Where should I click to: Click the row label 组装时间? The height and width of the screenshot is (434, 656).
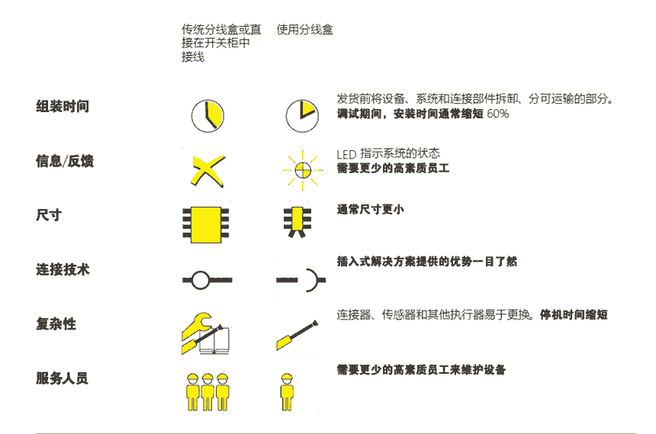click(x=63, y=106)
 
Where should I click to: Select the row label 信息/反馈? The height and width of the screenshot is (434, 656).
click(x=65, y=161)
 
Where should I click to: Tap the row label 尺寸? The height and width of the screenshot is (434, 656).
click(x=49, y=215)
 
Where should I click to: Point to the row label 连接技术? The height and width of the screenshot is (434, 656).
click(x=63, y=269)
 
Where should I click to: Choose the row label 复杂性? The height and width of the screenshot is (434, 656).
click(x=56, y=323)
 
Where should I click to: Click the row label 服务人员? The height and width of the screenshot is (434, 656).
click(x=62, y=378)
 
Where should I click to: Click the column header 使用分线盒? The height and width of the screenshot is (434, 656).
click(x=304, y=30)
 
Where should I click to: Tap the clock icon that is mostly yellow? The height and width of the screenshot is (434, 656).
click(x=207, y=116)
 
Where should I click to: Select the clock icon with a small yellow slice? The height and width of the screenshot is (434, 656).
click(x=302, y=116)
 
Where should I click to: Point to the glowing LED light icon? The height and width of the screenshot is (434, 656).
click(x=303, y=170)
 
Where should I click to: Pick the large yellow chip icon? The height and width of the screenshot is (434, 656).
click(x=206, y=225)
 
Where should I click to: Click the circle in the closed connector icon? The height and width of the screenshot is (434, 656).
click(x=201, y=280)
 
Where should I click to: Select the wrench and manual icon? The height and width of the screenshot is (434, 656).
click(x=205, y=333)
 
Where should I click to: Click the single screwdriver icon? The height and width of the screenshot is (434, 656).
click(x=297, y=336)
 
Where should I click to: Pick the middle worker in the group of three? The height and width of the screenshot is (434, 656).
click(x=207, y=392)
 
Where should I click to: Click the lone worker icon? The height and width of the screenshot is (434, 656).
click(x=287, y=392)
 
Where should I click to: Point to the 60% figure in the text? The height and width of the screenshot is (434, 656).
click(x=498, y=114)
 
